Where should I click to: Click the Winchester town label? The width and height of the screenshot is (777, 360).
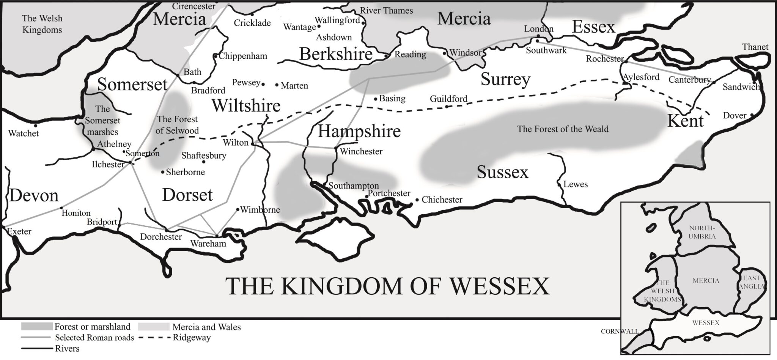click(361, 152)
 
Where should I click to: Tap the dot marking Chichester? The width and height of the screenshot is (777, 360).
click(417, 200)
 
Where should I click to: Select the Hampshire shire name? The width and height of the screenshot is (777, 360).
click(359, 131)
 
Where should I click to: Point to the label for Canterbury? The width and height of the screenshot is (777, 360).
click(689, 80)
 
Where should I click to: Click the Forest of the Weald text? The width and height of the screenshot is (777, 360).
click(563, 129)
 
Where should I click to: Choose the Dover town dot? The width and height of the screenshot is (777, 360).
click(752, 115)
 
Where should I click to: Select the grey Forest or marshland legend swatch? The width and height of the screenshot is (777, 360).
click(36, 327)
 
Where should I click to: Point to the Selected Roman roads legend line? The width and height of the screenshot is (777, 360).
click(36, 338)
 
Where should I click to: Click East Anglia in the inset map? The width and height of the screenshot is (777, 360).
click(752, 283)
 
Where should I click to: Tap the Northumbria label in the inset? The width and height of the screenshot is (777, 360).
click(702, 232)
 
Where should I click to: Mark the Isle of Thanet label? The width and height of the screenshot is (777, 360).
click(755, 47)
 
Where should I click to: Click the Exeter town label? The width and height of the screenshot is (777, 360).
click(19, 231)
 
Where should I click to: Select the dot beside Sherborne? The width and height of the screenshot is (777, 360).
click(163, 172)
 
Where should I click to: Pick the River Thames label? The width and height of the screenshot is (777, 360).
click(386, 11)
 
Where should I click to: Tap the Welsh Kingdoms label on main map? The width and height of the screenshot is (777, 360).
click(42, 24)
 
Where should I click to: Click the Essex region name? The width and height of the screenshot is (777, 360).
click(593, 27)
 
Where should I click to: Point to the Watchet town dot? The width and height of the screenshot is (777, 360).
click(36, 126)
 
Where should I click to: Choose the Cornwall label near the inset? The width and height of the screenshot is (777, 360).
click(620, 332)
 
